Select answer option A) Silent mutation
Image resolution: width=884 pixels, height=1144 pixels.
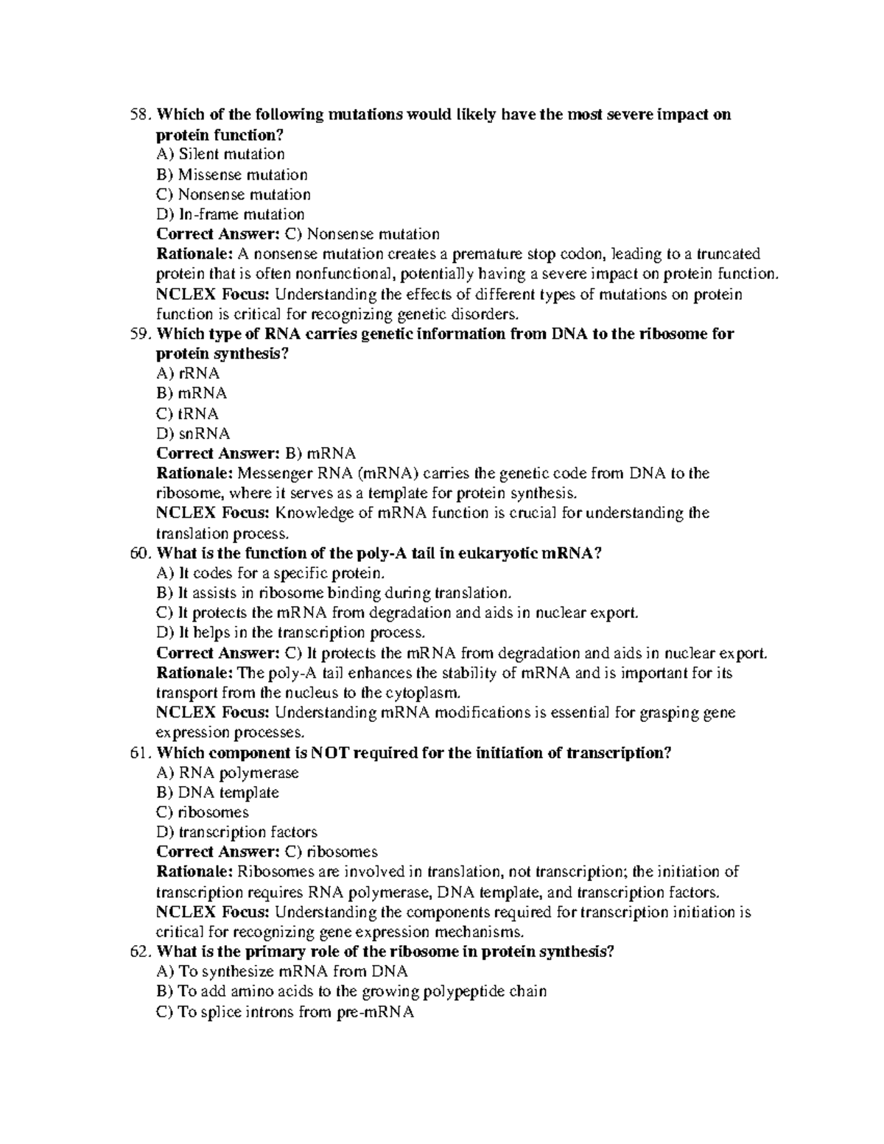pos(220,155)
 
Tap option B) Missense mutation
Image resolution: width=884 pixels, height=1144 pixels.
pos(232,175)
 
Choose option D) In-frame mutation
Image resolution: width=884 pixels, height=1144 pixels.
pos(231,214)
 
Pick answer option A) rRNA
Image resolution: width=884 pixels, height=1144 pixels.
pos(188,373)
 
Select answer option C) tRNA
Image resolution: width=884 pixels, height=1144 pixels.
pos(187,413)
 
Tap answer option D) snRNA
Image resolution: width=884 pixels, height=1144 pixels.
pos(193,433)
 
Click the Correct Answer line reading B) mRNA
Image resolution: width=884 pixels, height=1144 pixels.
pos(256,453)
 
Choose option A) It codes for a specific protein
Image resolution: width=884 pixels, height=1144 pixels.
pos(270,573)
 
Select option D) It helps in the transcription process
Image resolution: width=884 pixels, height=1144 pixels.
pos(291,633)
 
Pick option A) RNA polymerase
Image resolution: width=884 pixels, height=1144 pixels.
pos(228,773)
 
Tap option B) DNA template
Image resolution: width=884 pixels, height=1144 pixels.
pos(218,793)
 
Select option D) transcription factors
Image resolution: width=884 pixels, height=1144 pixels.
pos(236,832)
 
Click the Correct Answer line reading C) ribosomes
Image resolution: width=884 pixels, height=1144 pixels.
pos(267,852)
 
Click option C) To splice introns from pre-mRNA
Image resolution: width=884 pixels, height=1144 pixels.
pos(286,1012)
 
